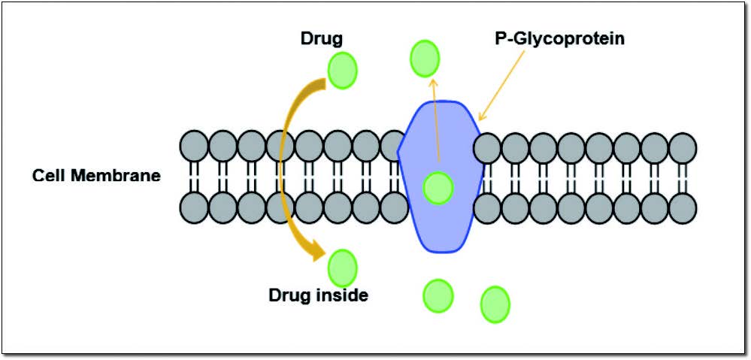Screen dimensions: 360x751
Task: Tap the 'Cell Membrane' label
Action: [x=96, y=176]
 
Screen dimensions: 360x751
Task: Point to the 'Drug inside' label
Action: [x=318, y=295]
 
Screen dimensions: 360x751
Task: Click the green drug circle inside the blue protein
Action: [x=438, y=187]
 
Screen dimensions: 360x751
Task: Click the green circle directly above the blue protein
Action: [x=425, y=59]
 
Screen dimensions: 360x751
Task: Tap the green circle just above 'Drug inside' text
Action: [x=343, y=266]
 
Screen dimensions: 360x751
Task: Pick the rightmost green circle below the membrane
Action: [x=495, y=304]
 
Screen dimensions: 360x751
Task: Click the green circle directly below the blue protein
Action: [x=438, y=295]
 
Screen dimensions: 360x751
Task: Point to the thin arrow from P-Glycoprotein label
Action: [x=502, y=83]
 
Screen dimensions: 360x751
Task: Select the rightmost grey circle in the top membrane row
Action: [x=683, y=147]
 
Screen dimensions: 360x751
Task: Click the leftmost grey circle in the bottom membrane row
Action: [x=194, y=207]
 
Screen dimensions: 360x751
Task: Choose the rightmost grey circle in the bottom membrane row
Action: [x=683, y=209]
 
